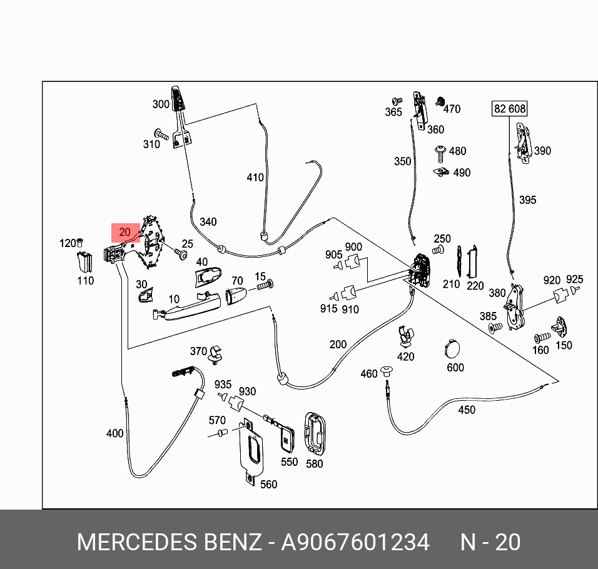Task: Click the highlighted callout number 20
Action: click(125, 233)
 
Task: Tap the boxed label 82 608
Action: click(510, 109)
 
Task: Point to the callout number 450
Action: click(467, 410)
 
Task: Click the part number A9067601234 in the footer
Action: click(355, 542)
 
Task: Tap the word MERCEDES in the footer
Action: click(138, 542)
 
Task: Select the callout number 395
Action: click(527, 200)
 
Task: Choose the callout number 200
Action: click(338, 345)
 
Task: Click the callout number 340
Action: click(208, 222)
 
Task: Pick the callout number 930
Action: click(247, 391)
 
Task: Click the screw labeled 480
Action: click(440, 151)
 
